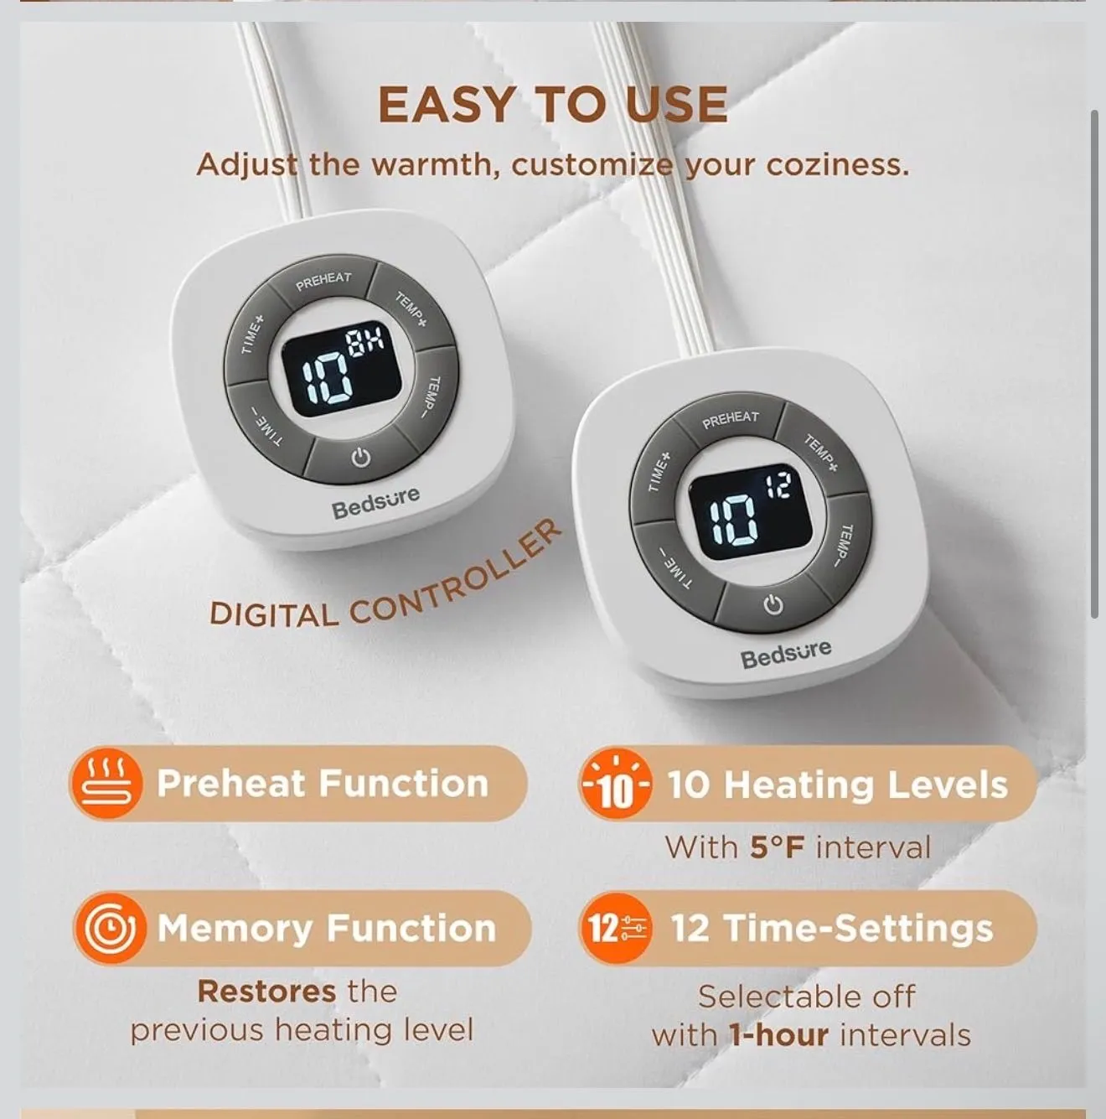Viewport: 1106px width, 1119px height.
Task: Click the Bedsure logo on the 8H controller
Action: tap(375, 502)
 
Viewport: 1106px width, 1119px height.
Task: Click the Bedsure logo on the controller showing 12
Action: tap(786, 653)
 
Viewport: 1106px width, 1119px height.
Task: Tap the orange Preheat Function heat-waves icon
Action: tap(105, 784)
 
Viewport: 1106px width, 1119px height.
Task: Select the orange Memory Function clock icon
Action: tap(110, 928)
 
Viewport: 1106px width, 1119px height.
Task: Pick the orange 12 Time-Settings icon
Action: tap(615, 928)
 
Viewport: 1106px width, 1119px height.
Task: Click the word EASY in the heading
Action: tap(446, 105)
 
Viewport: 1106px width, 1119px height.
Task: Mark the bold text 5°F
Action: tap(777, 847)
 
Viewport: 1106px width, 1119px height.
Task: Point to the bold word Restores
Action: tap(266, 992)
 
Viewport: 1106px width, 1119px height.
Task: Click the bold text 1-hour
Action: tap(778, 1035)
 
